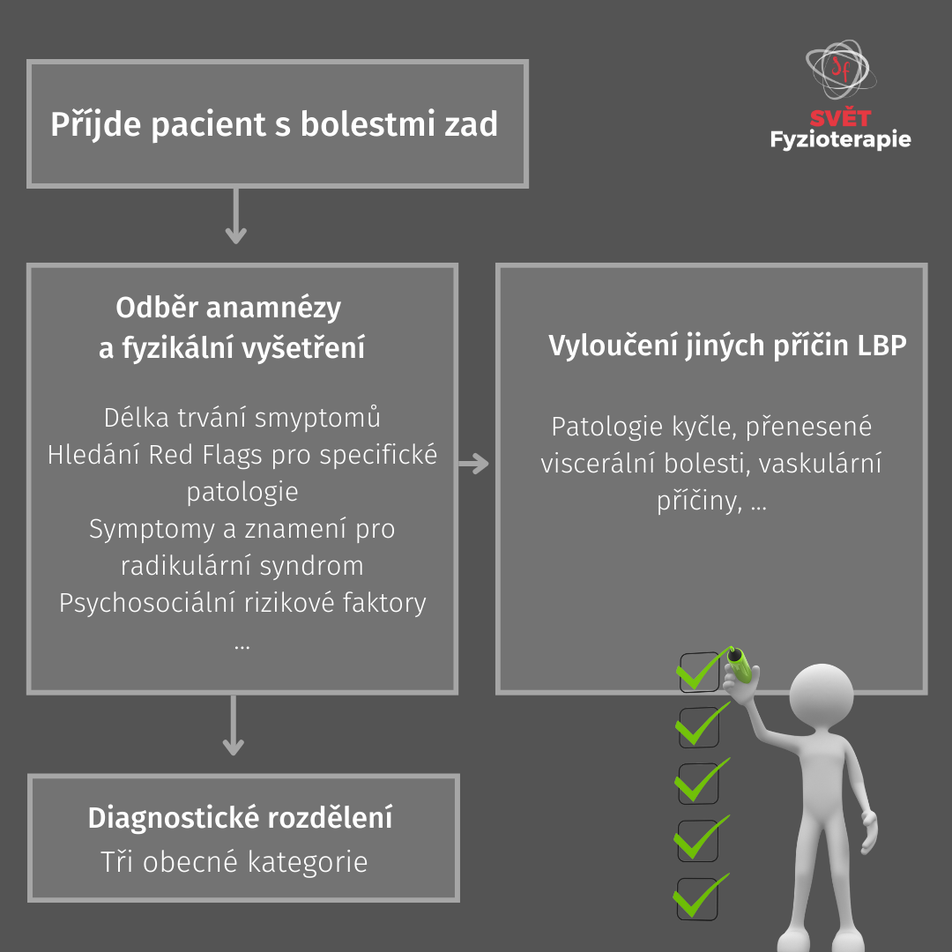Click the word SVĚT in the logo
coord(840,117)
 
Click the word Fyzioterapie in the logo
coord(840,139)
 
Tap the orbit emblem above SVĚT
coord(841,70)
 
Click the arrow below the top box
coord(235,216)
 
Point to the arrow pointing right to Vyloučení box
coord(473,464)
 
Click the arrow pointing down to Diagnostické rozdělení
coord(233,725)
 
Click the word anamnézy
coord(273,309)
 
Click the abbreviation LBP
coord(881,345)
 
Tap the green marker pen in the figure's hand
coord(740,665)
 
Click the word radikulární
coord(186,566)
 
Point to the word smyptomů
coord(317,418)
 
